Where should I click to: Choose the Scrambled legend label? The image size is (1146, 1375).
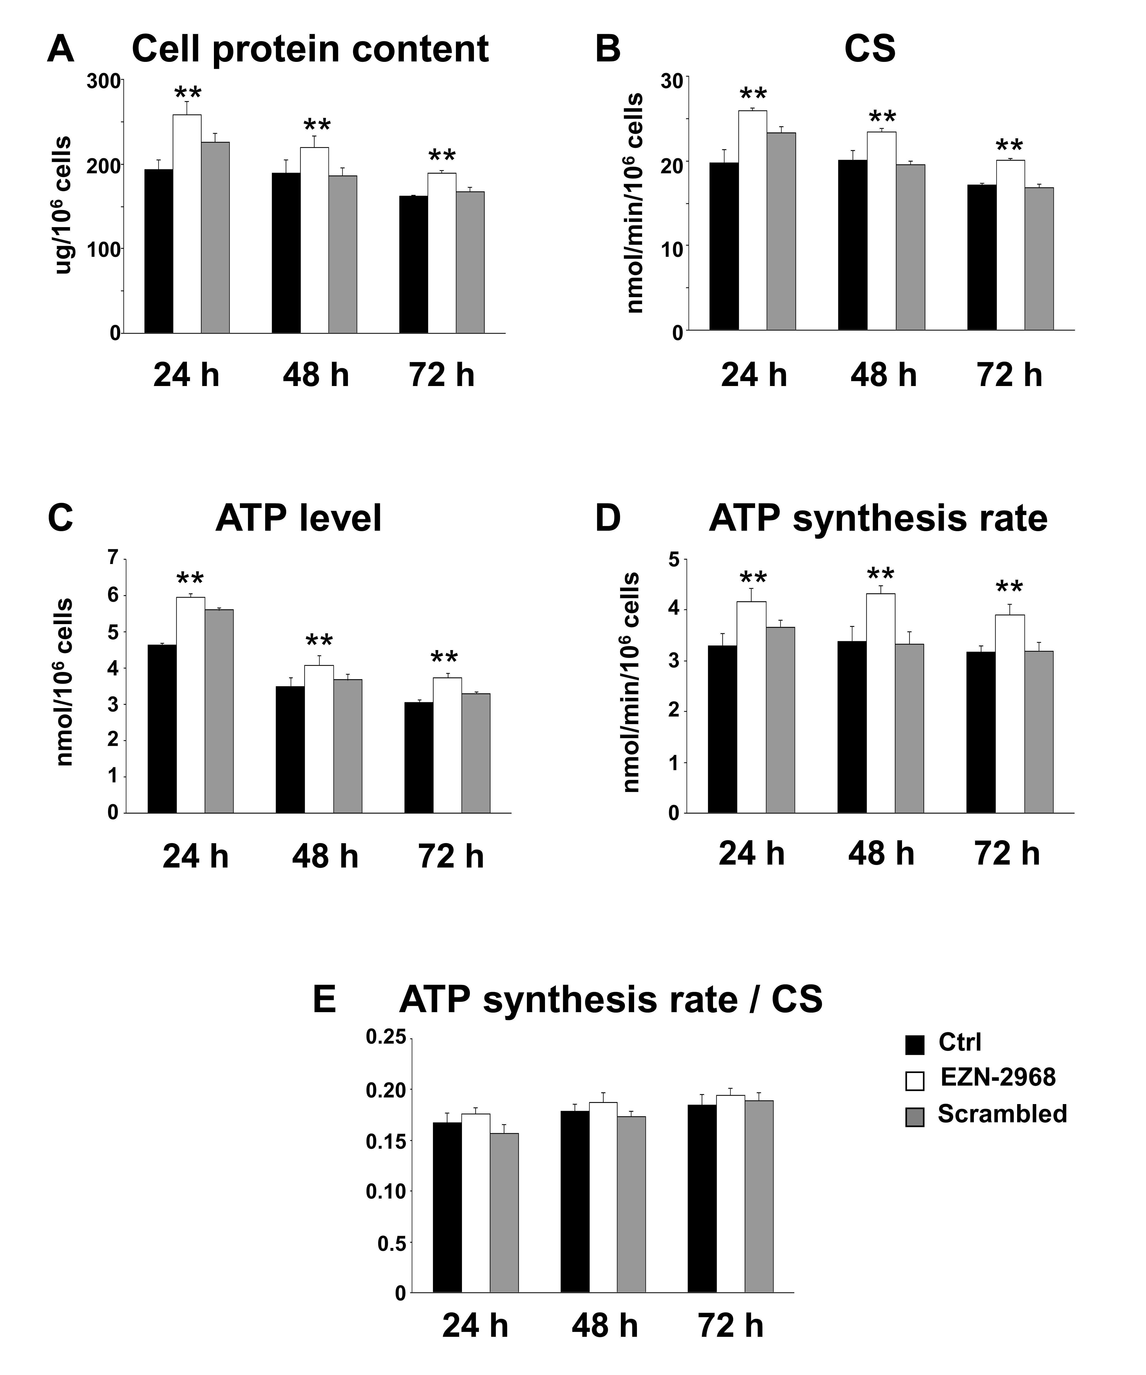1002,1114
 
